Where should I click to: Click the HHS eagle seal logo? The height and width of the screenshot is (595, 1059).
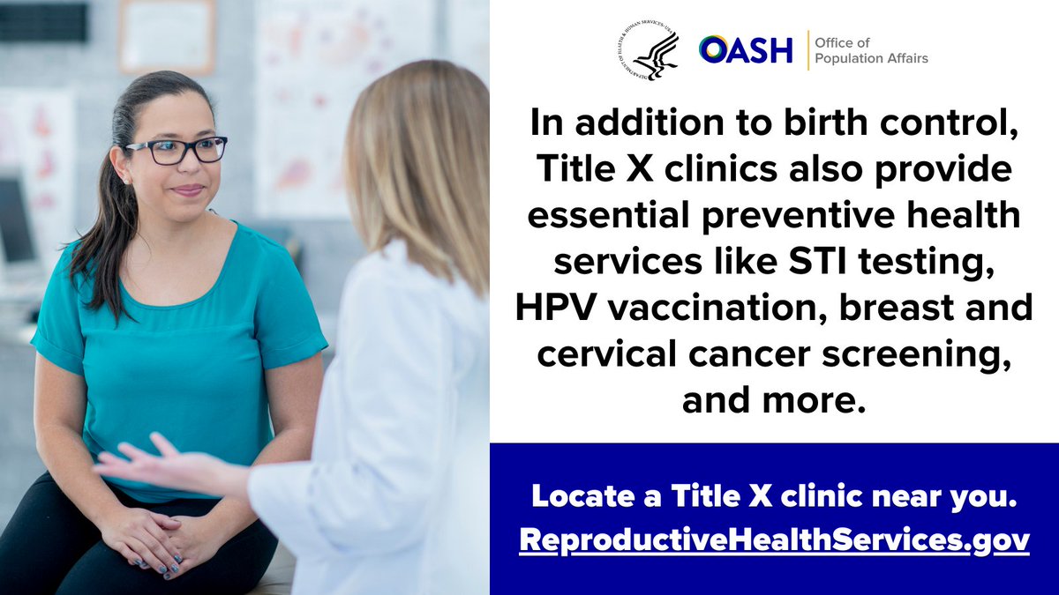click(x=649, y=51)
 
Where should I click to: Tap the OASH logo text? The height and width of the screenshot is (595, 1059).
click(x=747, y=50)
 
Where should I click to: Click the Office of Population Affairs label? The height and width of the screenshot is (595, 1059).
click(x=870, y=51)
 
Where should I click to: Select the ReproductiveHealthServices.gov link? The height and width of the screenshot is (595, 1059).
click(x=774, y=539)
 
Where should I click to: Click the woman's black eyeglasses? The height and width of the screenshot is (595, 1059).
click(x=176, y=150)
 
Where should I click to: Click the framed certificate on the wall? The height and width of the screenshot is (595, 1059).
click(x=167, y=35)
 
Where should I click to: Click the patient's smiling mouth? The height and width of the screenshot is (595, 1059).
click(x=187, y=190)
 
